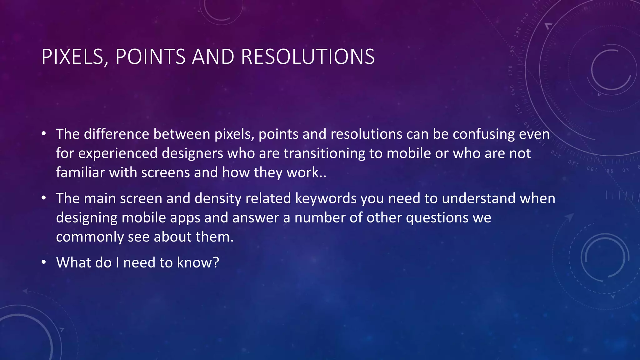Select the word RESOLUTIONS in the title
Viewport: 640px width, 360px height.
[x=308, y=57]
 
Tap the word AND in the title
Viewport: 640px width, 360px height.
[x=213, y=57]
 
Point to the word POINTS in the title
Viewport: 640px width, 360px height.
[x=150, y=57]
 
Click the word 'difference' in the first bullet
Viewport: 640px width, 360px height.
[x=116, y=134]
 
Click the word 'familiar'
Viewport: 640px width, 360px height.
[x=80, y=172]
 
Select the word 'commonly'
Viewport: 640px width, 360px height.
[x=90, y=237]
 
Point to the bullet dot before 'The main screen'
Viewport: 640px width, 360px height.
[x=44, y=198]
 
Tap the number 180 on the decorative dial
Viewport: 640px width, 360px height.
[x=512, y=50]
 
